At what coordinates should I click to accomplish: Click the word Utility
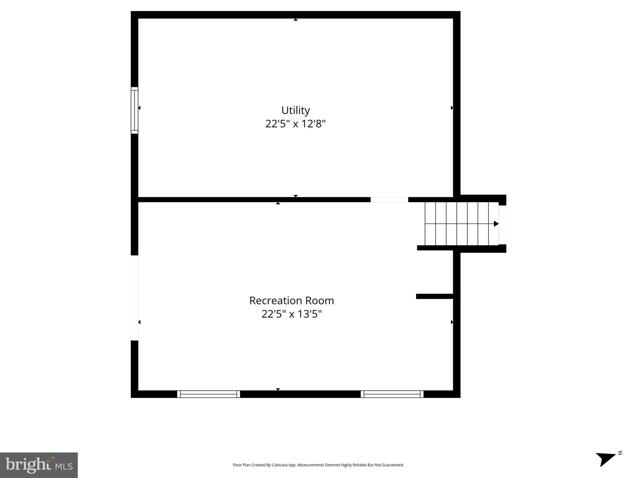(295, 110)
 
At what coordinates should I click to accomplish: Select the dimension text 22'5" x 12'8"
(295, 124)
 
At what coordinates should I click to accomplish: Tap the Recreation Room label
(291, 301)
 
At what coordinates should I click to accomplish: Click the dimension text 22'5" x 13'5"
(291, 314)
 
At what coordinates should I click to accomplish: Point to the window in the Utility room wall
(134, 110)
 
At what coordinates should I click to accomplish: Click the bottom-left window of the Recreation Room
(208, 394)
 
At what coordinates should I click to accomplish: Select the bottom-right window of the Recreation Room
(392, 394)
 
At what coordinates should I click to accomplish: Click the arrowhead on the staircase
(496, 224)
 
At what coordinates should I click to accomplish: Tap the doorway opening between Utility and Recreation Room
(389, 200)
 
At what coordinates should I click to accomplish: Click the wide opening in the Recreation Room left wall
(134, 298)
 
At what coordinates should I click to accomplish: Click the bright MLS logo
(39, 465)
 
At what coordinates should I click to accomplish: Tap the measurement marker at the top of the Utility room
(296, 20)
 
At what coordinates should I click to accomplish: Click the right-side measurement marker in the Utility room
(452, 108)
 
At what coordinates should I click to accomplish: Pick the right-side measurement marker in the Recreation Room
(452, 322)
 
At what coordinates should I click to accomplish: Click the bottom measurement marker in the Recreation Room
(278, 389)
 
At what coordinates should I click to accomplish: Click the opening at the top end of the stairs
(502, 225)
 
